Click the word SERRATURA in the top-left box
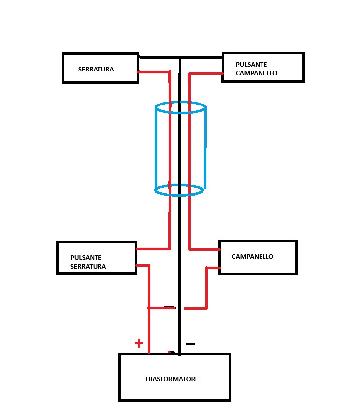click(x=96, y=70)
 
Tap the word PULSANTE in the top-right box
click(x=251, y=64)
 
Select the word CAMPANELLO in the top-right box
click(x=257, y=73)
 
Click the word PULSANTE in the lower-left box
click(x=86, y=257)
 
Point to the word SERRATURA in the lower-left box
click(x=88, y=266)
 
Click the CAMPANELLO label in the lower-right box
click(x=253, y=257)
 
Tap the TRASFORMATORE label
click(x=171, y=379)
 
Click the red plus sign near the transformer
click(x=139, y=343)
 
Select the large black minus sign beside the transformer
click(x=190, y=344)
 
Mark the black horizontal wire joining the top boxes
click(x=180, y=57)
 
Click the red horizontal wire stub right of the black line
click(x=196, y=308)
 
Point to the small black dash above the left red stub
click(x=168, y=306)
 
